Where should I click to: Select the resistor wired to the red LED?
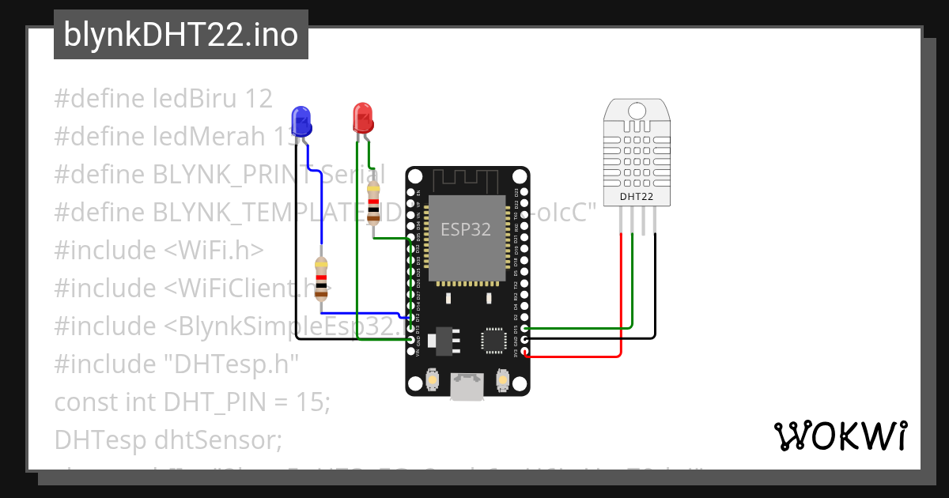pyautogui.click(x=373, y=203)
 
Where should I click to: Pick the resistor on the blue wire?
pyautogui.click(x=320, y=278)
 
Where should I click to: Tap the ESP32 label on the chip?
pyautogui.click(x=466, y=230)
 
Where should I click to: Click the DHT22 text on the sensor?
pyautogui.click(x=636, y=196)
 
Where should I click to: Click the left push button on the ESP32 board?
pyautogui.click(x=433, y=381)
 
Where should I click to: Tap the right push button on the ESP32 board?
pyautogui.click(x=501, y=381)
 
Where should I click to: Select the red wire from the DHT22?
pyautogui.click(x=622, y=300)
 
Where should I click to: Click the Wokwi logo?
pyautogui.click(x=840, y=436)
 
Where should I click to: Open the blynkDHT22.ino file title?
pyautogui.click(x=180, y=36)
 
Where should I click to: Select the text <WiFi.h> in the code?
pyautogui.click(x=214, y=251)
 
